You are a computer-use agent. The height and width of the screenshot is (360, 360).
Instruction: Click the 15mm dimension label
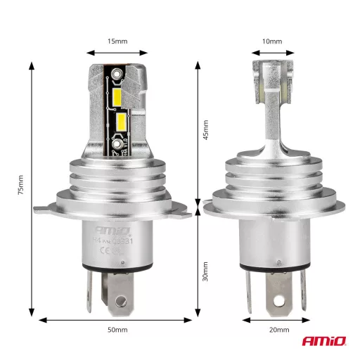coord(117,41)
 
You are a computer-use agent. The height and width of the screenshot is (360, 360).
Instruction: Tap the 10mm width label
coord(271,41)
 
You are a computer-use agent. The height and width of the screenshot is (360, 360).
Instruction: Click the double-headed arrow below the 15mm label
coord(117,52)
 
